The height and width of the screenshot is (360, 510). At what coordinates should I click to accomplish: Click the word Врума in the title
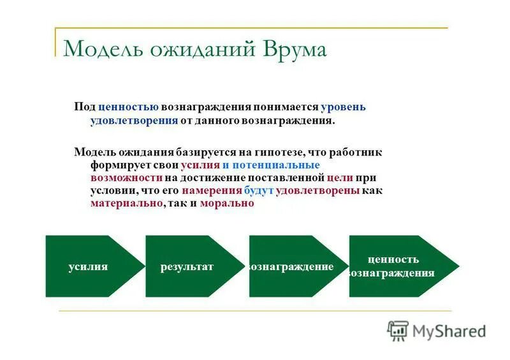(x=293, y=49)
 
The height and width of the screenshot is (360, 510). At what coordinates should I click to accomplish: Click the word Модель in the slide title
(x=101, y=49)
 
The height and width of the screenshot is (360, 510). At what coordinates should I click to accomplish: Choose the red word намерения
(x=212, y=191)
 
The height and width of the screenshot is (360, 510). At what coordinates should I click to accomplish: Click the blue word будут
(x=259, y=191)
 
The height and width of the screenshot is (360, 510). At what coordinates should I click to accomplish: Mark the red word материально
(x=126, y=203)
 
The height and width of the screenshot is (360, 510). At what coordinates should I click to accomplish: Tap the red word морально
(x=227, y=203)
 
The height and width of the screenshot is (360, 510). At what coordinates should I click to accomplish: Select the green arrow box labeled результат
(x=188, y=266)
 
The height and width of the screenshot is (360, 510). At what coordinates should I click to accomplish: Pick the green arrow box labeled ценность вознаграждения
(x=395, y=266)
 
